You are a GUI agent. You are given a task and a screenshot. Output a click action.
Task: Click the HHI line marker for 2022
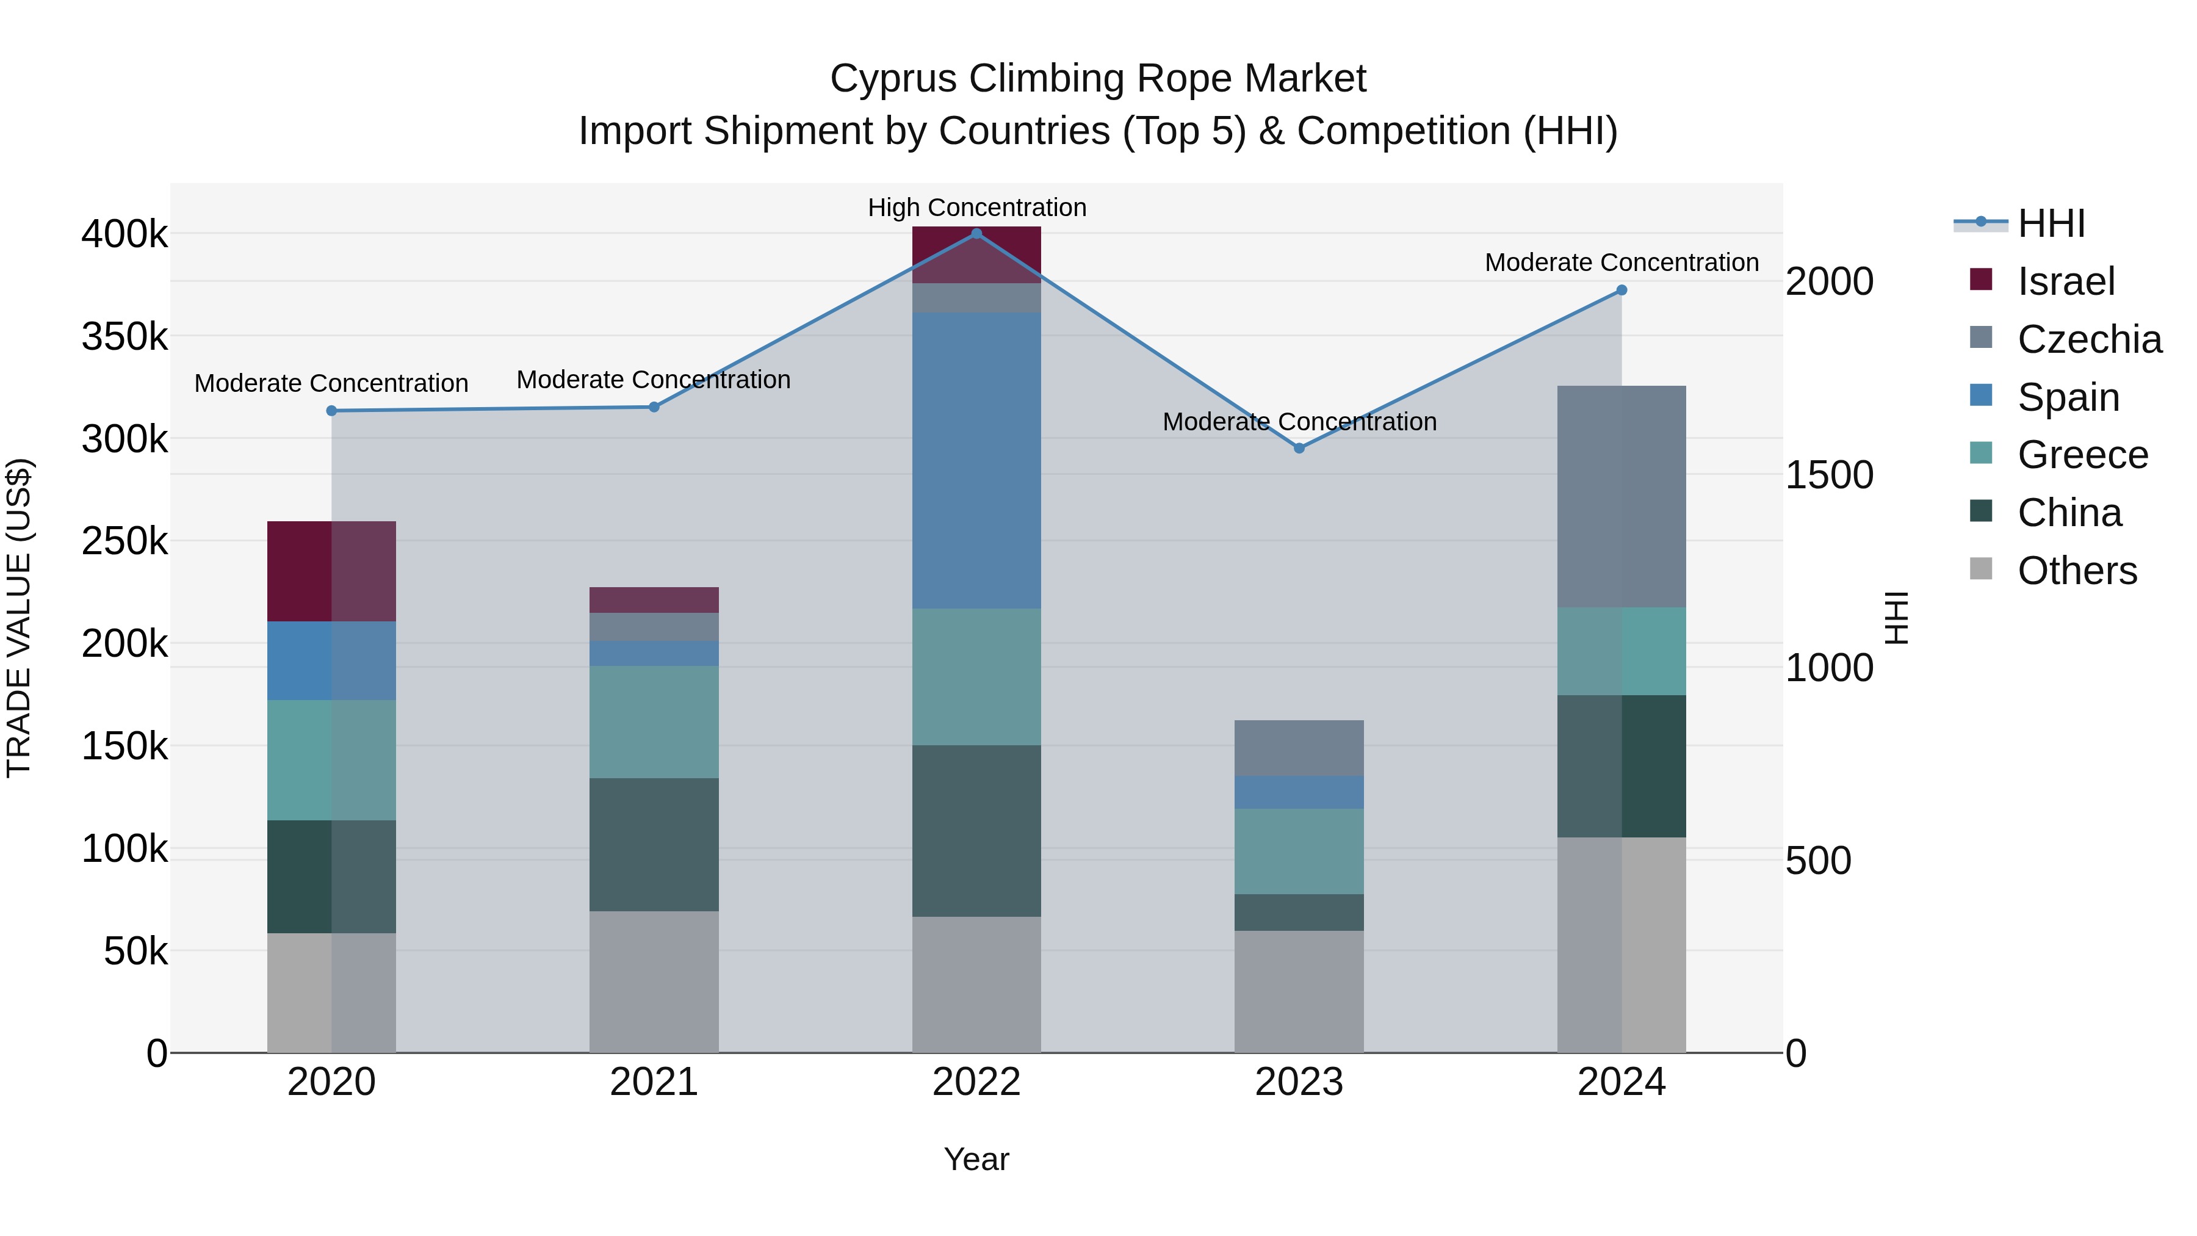coord(976,234)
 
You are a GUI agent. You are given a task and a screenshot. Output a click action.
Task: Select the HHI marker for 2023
coord(1299,448)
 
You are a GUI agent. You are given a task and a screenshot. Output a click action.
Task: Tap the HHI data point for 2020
coord(332,410)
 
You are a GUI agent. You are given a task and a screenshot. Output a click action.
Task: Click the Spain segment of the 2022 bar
coord(976,461)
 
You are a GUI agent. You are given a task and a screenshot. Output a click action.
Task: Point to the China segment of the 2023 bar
coord(1299,912)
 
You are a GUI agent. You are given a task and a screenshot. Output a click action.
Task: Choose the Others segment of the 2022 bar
coord(976,985)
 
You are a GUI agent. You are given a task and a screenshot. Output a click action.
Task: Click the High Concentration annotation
coord(976,208)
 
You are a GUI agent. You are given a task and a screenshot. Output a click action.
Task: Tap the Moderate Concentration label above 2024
coord(1622,262)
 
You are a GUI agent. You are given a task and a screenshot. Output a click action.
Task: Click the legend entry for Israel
coord(2066,281)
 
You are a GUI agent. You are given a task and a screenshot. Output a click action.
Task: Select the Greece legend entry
coord(2082,455)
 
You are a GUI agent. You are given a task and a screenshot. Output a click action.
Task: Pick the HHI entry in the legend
coord(2051,223)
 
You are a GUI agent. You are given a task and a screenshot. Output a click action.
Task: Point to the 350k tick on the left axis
coord(124,337)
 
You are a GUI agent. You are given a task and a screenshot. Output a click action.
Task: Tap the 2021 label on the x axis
coord(654,1082)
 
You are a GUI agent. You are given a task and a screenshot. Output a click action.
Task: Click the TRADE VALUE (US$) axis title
coord(19,618)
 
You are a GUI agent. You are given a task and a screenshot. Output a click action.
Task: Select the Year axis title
coord(976,1159)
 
